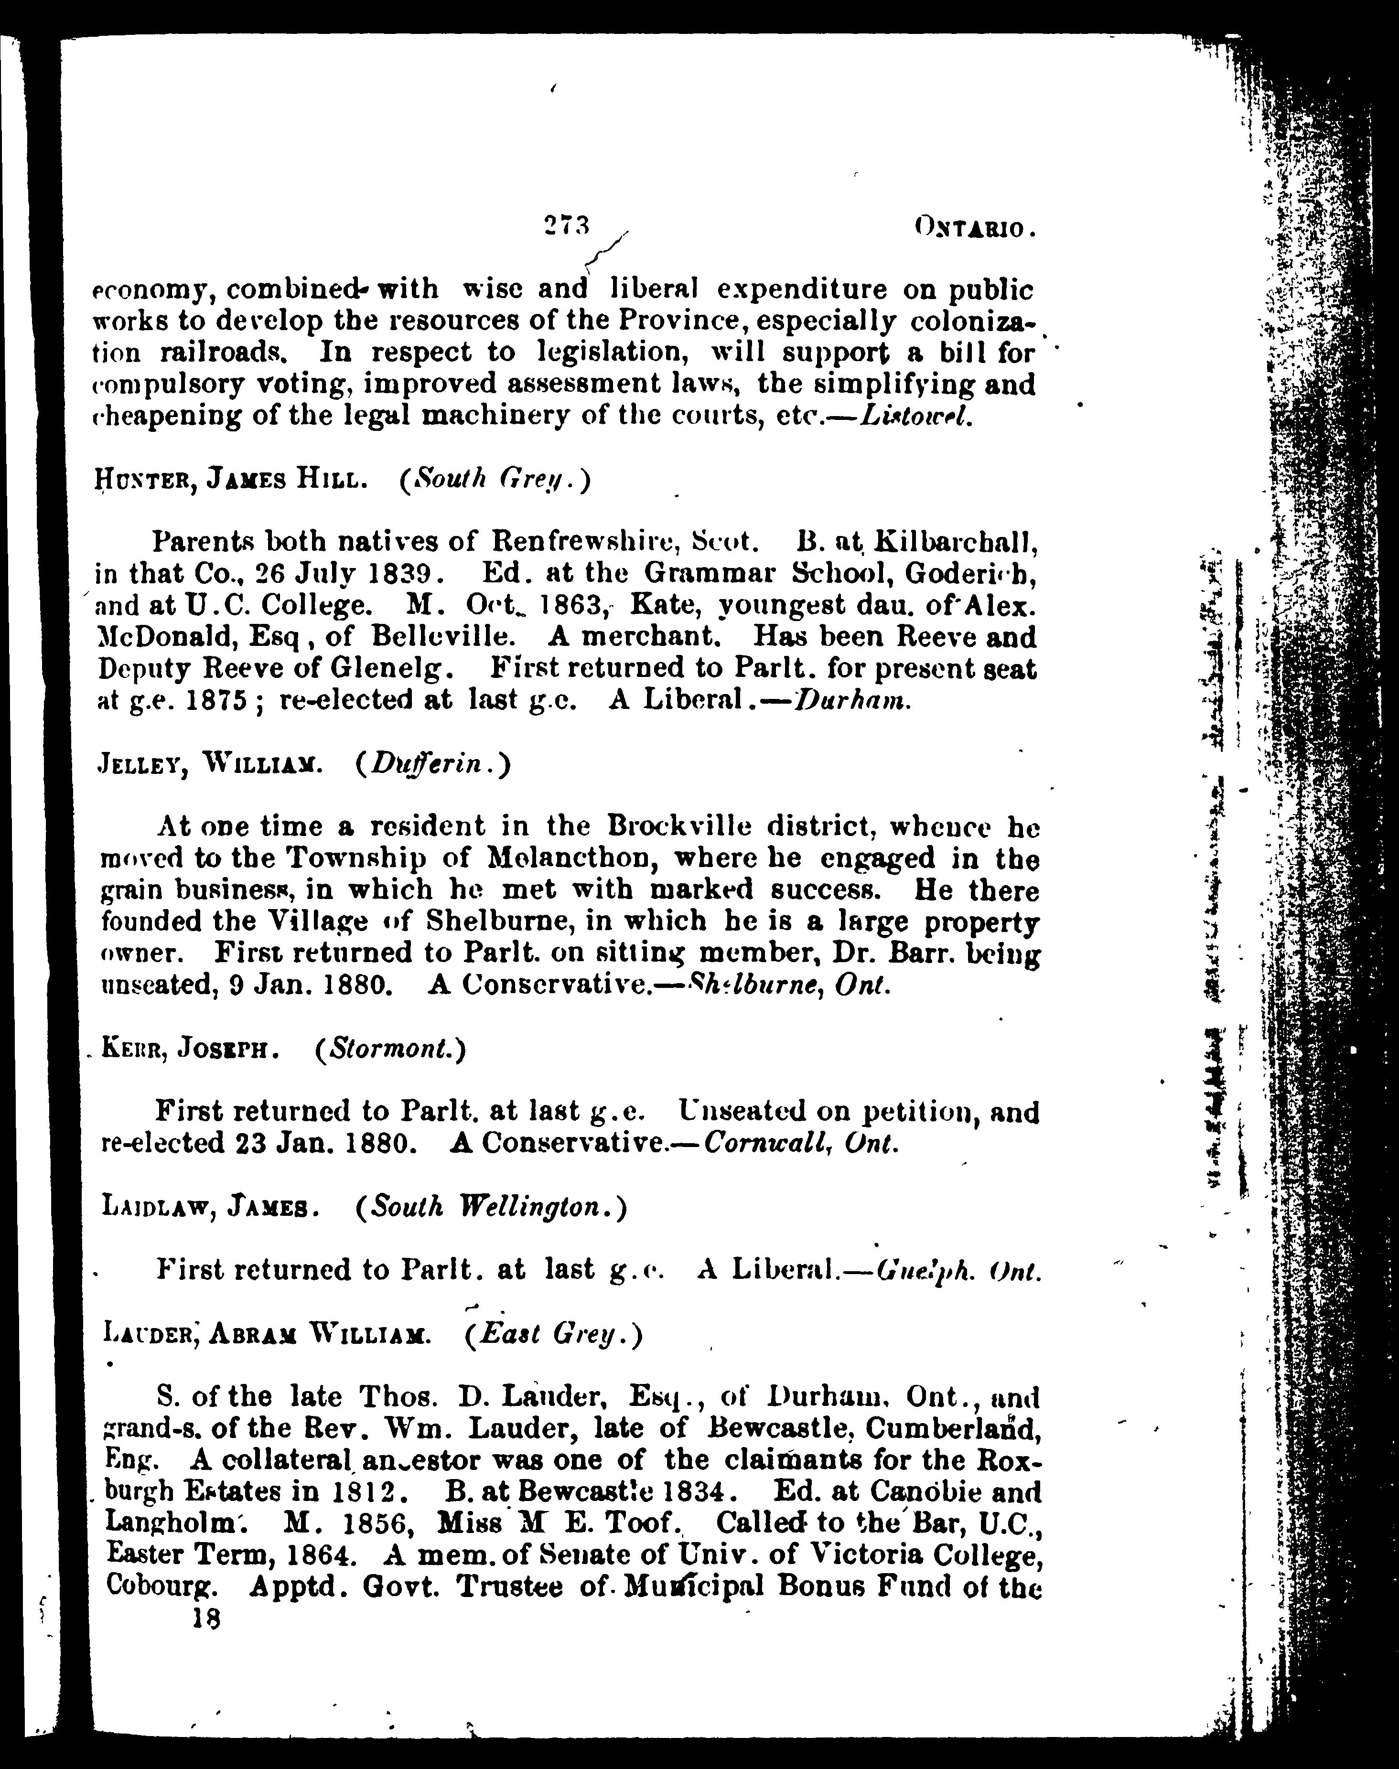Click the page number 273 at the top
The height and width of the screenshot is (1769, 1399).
[567, 225]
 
